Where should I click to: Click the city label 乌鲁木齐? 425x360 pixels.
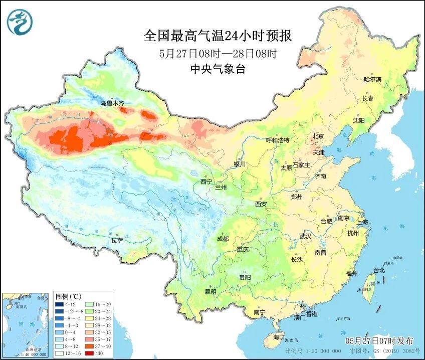coord(111,103)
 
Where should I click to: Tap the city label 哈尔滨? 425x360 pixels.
coord(372,79)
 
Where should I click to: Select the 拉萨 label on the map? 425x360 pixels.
coord(117,241)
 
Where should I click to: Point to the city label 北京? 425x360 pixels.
coord(319,136)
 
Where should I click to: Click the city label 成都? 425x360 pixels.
coord(223,239)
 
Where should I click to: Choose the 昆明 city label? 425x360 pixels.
coord(210,292)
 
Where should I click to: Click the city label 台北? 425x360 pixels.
coord(378,270)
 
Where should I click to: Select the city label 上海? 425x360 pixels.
coord(362,222)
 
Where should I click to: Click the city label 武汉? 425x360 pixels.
coord(305,236)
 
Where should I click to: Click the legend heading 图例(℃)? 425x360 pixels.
coord(69,296)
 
